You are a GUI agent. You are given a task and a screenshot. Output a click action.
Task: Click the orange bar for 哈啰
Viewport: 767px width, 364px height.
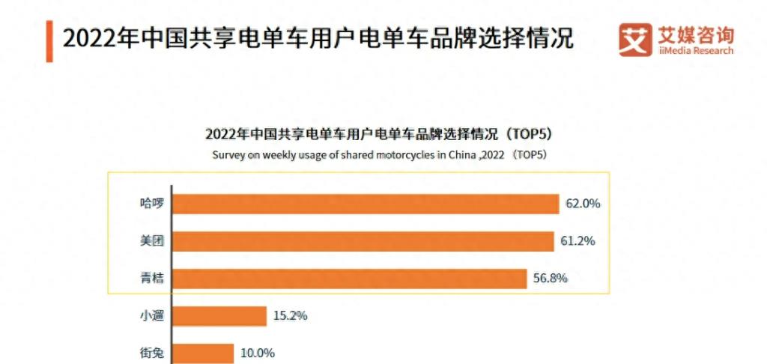point(366,204)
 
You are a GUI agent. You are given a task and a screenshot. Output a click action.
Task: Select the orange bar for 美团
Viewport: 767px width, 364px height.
point(363,241)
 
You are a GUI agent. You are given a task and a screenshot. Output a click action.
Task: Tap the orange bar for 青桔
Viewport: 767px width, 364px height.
point(350,279)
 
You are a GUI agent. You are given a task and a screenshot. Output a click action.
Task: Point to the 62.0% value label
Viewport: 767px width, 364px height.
point(584,204)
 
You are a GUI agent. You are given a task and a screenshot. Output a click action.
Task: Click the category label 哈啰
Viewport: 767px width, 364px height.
point(151,204)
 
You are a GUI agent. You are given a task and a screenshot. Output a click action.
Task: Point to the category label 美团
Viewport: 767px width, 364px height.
point(151,241)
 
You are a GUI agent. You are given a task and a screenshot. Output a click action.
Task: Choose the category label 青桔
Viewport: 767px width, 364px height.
point(151,279)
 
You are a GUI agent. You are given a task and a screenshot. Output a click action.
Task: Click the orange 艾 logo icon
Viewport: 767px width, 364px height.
point(635,40)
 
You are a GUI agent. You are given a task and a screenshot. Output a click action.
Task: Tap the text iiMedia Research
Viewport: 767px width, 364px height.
point(696,51)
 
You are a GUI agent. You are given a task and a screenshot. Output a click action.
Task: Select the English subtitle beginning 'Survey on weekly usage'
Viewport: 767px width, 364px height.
point(380,155)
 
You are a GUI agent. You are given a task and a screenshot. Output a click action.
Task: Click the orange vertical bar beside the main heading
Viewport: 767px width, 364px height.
point(49,40)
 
